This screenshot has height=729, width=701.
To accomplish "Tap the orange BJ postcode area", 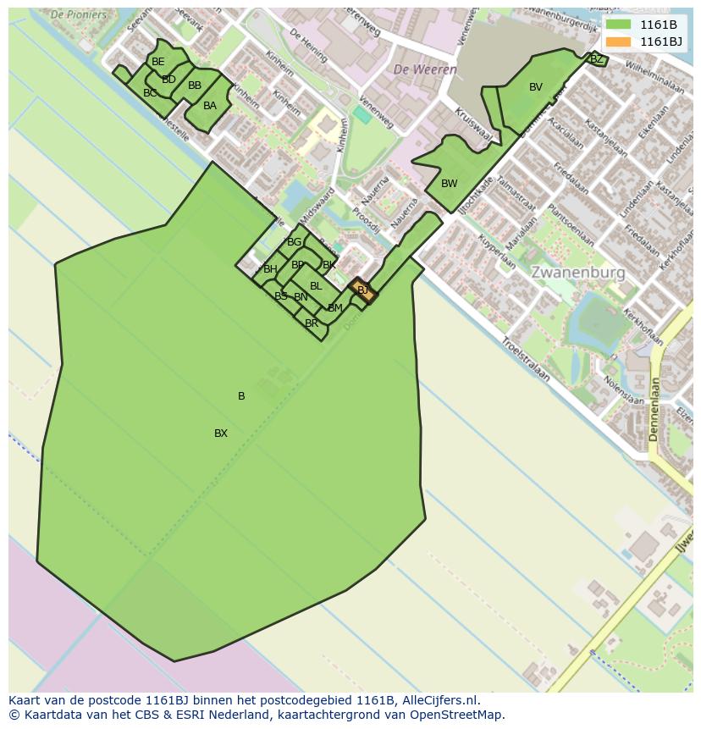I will tap(362, 290).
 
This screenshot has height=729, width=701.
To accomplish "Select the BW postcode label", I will tap(449, 184).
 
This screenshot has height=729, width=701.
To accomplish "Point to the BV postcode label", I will tap(535, 87).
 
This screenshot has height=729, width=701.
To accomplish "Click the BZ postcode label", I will tap(596, 59).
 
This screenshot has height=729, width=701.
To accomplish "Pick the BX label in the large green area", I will tap(221, 434).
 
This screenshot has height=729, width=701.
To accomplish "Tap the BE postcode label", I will tap(157, 62).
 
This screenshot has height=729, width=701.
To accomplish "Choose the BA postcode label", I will tap(209, 106).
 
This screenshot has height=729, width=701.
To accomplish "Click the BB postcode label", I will tap(195, 86).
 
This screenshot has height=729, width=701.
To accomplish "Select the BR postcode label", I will tap(311, 323).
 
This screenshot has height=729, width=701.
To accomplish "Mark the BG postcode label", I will tap(294, 242).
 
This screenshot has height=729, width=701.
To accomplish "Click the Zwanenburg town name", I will tap(578, 273).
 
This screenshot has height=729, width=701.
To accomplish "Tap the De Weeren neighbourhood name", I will tap(425, 69).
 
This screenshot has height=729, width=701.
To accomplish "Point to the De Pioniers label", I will tap(79, 14).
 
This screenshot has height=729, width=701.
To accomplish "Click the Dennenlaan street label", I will tap(654, 411).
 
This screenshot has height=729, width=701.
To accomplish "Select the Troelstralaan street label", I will tap(525, 359).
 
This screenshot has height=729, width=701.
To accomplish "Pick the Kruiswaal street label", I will tap(472, 124).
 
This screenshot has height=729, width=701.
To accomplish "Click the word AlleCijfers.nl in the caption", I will tap(440, 700).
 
